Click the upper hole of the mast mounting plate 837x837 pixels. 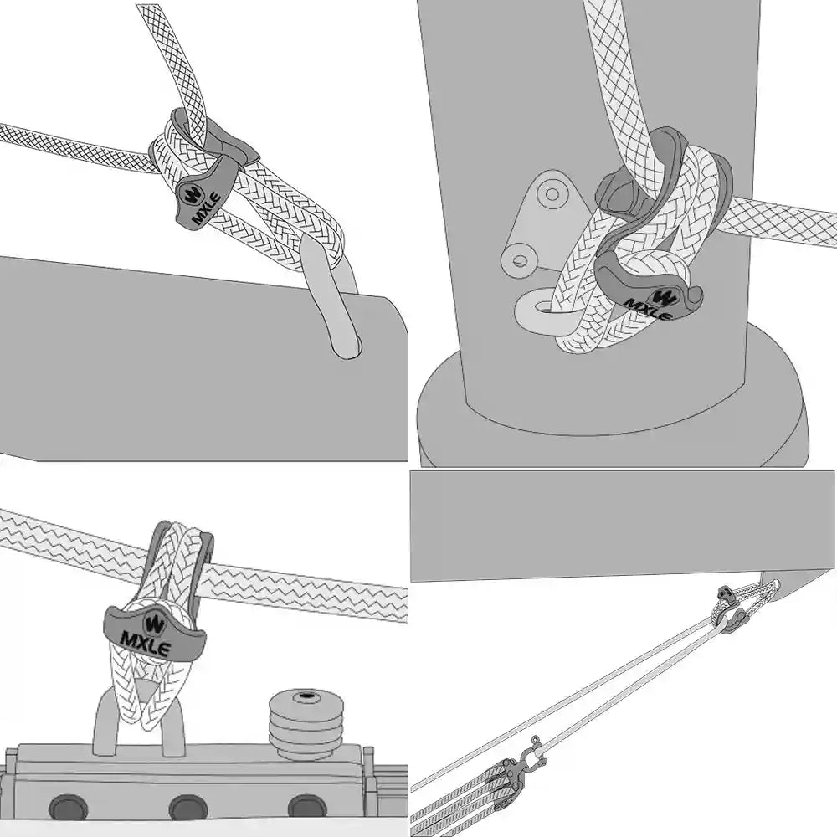point(552,193)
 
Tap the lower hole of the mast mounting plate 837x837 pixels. point(519,261)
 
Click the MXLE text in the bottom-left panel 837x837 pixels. point(146,644)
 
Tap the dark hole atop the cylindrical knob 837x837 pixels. point(307,696)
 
